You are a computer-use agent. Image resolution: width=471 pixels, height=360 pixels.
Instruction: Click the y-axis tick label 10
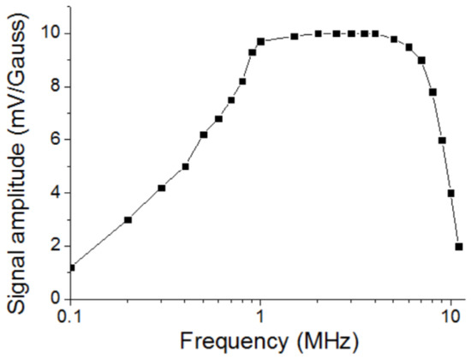[51, 33]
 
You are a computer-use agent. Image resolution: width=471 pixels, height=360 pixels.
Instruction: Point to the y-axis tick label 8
[55, 86]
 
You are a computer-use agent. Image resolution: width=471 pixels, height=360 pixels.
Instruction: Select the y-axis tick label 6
[55, 139]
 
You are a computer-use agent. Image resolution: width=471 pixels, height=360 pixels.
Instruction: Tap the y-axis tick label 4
[55, 192]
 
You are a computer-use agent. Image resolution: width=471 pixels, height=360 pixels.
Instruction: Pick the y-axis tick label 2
[55, 245]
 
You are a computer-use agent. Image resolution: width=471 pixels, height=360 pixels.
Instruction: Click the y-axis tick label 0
[55, 298]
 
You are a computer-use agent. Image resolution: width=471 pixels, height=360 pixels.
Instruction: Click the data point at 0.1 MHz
[71, 267]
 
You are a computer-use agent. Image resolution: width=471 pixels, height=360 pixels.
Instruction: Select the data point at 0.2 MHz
[128, 219]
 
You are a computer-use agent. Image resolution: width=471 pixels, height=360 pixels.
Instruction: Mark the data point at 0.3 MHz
[161, 188]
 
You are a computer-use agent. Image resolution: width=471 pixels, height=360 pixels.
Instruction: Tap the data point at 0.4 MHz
[185, 166]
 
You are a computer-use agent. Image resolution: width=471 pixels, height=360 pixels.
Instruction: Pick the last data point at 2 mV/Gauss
[459, 246]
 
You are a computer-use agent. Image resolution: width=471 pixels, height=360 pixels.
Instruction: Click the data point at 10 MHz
[450, 193]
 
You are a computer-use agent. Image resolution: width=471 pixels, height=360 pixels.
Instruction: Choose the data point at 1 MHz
[260, 41]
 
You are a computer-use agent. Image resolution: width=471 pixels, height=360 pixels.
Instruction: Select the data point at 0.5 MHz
[204, 135]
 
